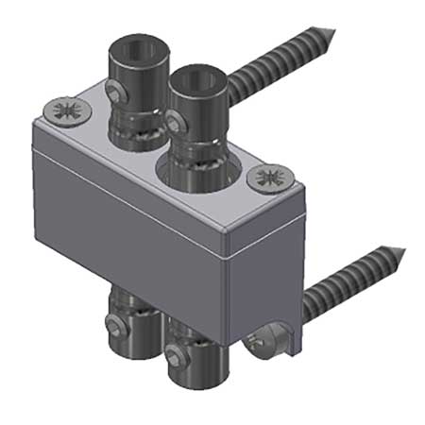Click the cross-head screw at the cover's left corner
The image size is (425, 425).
[67, 110]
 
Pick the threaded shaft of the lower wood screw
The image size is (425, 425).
[354, 277]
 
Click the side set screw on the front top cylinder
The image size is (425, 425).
[174, 120]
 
